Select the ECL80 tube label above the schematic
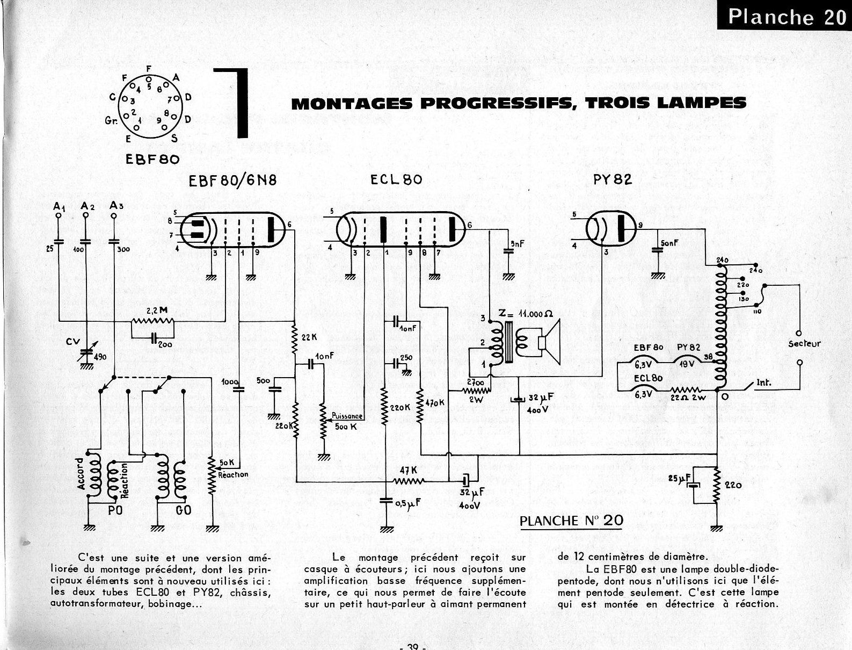click(x=396, y=180)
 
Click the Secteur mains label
click(x=804, y=344)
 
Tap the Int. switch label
click(x=763, y=383)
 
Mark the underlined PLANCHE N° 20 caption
click(x=571, y=520)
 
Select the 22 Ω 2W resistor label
click(x=689, y=398)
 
